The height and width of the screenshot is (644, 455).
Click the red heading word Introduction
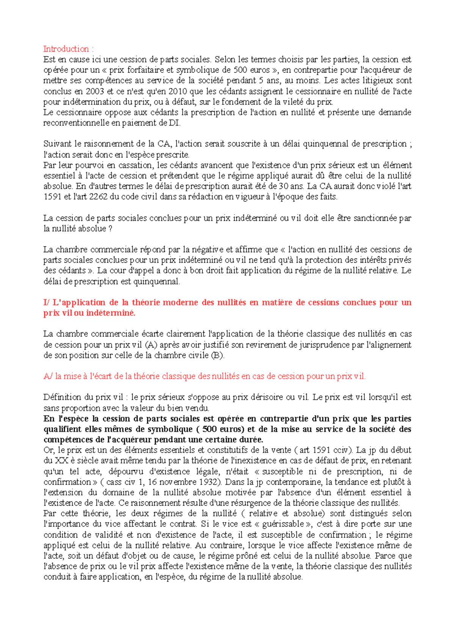pyautogui.click(x=66, y=49)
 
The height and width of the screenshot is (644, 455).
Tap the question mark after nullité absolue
pyautogui.click(x=110, y=229)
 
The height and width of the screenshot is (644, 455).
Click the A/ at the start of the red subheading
pyautogui.click(x=48, y=377)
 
